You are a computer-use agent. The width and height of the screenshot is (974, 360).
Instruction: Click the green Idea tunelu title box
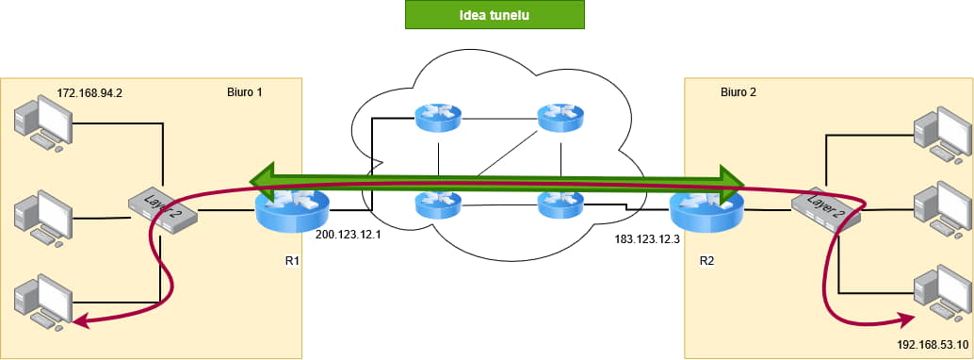coord(495,15)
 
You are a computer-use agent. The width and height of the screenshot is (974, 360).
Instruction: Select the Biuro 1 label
coord(245,92)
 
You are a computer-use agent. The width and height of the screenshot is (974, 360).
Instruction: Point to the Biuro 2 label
coord(739,92)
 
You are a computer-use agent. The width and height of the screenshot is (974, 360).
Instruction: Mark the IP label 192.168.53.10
coord(933,345)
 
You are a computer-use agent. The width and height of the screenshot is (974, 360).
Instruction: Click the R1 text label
coord(293,261)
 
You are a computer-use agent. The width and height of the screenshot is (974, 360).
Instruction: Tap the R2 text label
coord(706,261)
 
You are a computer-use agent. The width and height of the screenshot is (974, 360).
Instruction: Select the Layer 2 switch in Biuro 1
coord(163,209)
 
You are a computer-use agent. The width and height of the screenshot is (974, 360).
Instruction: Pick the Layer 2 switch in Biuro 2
coord(826,210)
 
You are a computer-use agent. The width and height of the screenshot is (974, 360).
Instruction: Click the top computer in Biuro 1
coord(43,123)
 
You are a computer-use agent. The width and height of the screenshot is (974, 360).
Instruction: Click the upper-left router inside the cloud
coord(439,116)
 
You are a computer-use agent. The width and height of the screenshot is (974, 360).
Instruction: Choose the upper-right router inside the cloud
coord(560,116)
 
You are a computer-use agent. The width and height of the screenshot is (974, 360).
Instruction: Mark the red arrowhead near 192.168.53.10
coord(908,319)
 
